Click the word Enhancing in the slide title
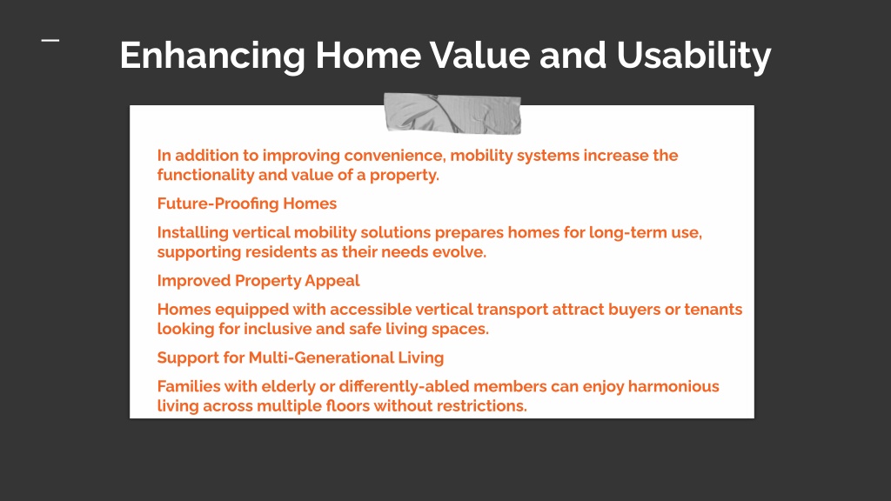pyautogui.click(x=212, y=57)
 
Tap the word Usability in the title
pyautogui.click(x=693, y=57)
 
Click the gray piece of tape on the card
pyautogui.click(x=452, y=114)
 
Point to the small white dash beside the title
pyautogui.click(x=50, y=40)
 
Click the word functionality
pyautogui.click(x=205, y=175)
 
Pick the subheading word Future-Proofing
pyautogui.click(x=218, y=204)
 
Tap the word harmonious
pyautogui.click(x=673, y=387)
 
